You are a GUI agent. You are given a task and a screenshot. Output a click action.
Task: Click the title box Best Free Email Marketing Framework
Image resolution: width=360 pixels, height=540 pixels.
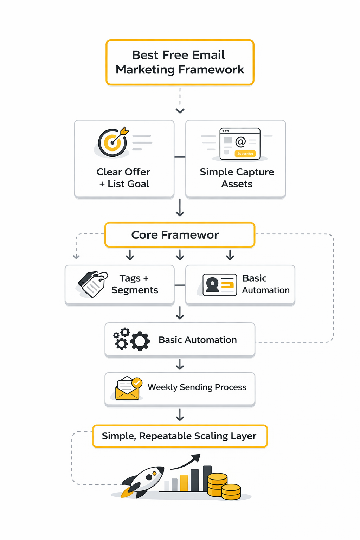[x=180, y=62]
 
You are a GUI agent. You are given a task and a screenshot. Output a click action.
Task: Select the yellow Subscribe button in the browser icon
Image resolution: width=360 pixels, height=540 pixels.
[x=245, y=154]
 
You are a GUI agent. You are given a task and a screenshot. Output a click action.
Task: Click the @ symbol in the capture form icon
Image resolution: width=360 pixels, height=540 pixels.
[x=240, y=142]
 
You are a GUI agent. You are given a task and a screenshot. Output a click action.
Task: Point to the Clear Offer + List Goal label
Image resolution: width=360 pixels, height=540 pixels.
[x=123, y=178]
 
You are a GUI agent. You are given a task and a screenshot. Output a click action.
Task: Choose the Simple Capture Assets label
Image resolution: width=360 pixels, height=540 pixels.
[x=237, y=178]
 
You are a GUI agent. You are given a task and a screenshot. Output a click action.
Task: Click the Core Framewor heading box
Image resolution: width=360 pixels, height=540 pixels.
[x=180, y=235]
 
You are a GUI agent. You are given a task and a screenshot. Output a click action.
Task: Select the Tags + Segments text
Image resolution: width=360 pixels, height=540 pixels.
[x=135, y=284]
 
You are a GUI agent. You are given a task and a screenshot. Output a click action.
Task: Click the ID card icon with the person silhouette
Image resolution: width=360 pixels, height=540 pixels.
[x=220, y=285]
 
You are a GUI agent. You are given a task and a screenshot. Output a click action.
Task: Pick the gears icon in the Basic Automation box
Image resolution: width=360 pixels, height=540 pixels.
[x=131, y=339]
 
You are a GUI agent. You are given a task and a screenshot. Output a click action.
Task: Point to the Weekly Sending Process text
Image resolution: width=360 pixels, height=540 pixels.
[x=197, y=387]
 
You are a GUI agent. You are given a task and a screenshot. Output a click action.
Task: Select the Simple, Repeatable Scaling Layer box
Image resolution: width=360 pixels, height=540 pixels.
[x=180, y=436]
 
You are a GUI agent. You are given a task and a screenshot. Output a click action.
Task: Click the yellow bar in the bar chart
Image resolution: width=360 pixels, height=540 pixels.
[x=184, y=483]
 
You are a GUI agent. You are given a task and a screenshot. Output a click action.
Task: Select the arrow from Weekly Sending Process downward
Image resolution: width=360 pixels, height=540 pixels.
[x=180, y=415]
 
